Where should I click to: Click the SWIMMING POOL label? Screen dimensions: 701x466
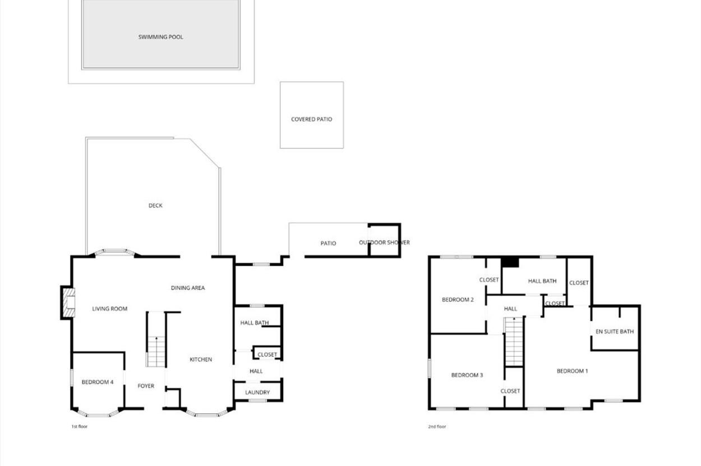pyautogui.click(x=160, y=37)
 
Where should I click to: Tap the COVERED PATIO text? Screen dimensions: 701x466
pyautogui.click(x=311, y=119)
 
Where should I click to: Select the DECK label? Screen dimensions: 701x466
pyautogui.click(x=155, y=205)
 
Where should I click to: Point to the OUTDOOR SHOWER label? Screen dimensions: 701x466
pyautogui.click(x=384, y=243)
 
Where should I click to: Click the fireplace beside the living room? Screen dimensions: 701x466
pyautogui.click(x=68, y=302)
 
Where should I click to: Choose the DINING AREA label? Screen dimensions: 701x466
pyautogui.click(x=188, y=288)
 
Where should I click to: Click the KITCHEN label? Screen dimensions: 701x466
pyautogui.click(x=201, y=359)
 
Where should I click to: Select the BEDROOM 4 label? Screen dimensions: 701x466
pyautogui.click(x=98, y=382)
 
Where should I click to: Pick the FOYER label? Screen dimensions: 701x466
pyautogui.click(x=146, y=386)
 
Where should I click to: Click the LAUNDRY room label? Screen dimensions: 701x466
pyautogui.click(x=257, y=393)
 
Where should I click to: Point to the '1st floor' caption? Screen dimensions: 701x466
pyautogui.click(x=80, y=426)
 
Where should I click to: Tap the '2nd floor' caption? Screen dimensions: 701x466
pyautogui.click(x=437, y=426)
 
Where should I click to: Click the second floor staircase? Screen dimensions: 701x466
pyautogui.click(x=514, y=342)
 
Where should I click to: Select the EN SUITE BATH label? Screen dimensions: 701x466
pyautogui.click(x=615, y=331)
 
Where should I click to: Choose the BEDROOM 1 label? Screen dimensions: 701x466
pyautogui.click(x=572, y=371)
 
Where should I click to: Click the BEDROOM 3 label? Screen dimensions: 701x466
pyautogui.click(x=467, y=375)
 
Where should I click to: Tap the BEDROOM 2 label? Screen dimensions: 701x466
pyautogui.click(x=458, y=300)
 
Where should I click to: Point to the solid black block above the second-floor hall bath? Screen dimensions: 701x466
pyautogui.click(x=510, y=262)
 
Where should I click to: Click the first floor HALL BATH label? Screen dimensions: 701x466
pyautogui.click(x=255, y=322)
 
